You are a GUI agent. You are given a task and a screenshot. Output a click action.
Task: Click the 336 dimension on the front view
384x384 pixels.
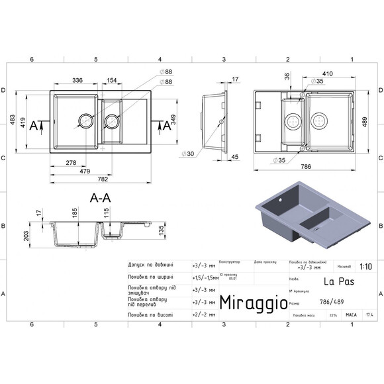click(x=77, y=80)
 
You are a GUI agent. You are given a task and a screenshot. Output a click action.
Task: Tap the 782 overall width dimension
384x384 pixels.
click(x=103, y=179)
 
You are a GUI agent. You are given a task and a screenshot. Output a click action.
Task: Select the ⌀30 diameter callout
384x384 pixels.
click(x=189, y=154)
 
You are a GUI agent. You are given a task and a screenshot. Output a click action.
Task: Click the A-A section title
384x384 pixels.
click(x=100, y=197)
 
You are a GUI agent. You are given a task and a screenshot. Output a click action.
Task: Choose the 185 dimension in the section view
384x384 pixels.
click(x=75, y=214)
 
